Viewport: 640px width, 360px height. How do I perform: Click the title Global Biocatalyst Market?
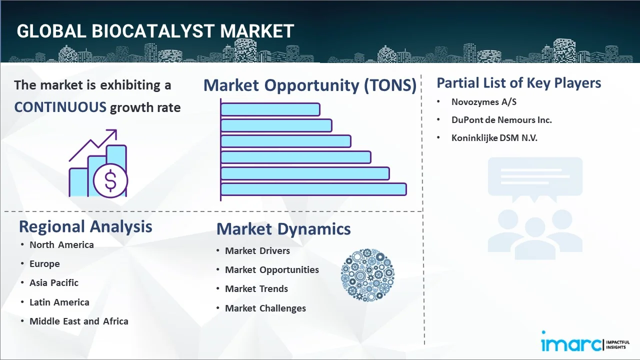click(x=155, y=31)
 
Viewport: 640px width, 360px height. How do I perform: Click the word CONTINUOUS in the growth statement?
click(x=60, y=107)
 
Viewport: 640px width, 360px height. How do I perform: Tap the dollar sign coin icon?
click(x=110, y=181)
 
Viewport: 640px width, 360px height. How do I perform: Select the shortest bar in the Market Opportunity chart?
click(x=270, y=109)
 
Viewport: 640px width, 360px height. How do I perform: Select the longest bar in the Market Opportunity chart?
click(x=313, y=189)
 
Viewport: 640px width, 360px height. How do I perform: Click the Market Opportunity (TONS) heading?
click(x=310, y=85)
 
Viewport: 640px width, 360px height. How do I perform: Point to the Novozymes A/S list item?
click(x=483, y=102)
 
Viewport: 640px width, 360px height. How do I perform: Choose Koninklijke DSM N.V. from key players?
click(x=494, y=138)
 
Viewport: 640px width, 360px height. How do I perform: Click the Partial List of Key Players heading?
click(x=518, y=82)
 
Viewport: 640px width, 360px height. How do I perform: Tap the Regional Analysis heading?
click(x=85, y=226)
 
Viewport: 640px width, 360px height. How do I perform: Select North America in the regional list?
click(x=61, y=244)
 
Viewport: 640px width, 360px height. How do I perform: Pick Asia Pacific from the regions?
click(x=54, y=282)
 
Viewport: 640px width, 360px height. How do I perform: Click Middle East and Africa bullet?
click(x=78, y=321)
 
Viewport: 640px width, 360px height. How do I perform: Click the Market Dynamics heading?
click(x=283, y=229)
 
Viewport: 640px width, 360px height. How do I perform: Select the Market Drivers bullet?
click(x=257, y=250)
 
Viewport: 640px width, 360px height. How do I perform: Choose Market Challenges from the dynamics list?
click(x=265, y=308)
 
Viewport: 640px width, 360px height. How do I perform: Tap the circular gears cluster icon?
click(x=367, y=275)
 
